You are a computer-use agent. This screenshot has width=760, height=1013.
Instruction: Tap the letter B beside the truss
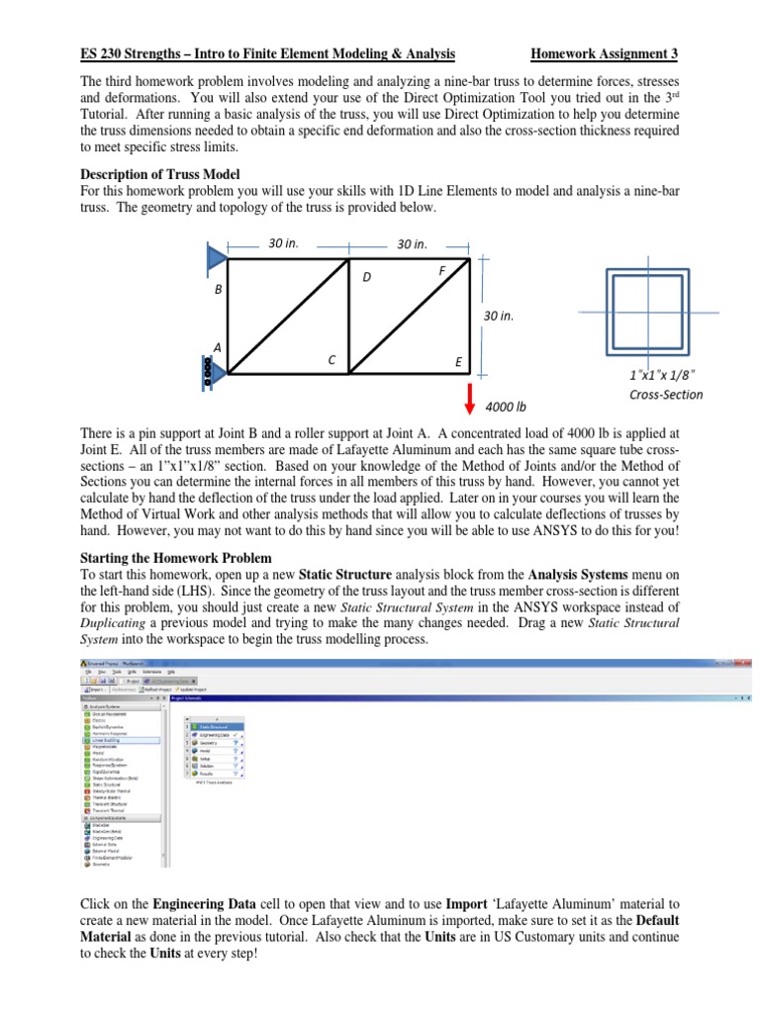pyautogui.click(x=219, y=290)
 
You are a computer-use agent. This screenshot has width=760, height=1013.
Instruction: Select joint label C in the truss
pyautogui.click(x=332, y=361)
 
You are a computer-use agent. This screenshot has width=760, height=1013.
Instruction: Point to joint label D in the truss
pyautogui.click(x=366, y=277)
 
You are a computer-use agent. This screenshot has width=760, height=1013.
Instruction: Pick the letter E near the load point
pyautogui.click(x=458, y=362)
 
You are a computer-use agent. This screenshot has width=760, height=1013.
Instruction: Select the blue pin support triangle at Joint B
pyautogui.click(x=217, y=259)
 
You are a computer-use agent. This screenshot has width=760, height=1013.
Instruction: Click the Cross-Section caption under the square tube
pyautogui.click(x=666, y=395)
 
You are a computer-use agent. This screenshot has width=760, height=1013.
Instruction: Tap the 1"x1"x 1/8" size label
pyautogui.click(x=662, y=375)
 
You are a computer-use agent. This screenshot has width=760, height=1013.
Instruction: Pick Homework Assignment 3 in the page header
pyautogui.click(x=605, y=53)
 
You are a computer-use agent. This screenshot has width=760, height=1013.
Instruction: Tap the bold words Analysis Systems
pyautogui.click(x=580, y=573)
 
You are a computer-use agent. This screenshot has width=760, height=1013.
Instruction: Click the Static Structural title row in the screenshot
pyautogui.click(x=212, y=726)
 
